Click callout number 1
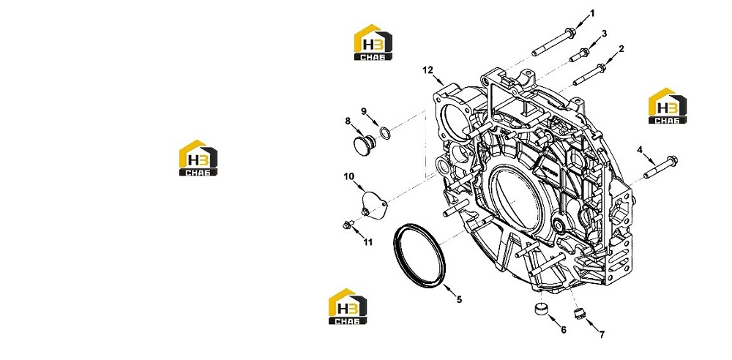click(x=592, y=13)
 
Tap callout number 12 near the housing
click(x=428, y=70)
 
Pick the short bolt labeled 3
click(x=579, y=55)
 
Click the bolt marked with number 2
click(x=589, y=74)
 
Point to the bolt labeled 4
click(x=660, y=167)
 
